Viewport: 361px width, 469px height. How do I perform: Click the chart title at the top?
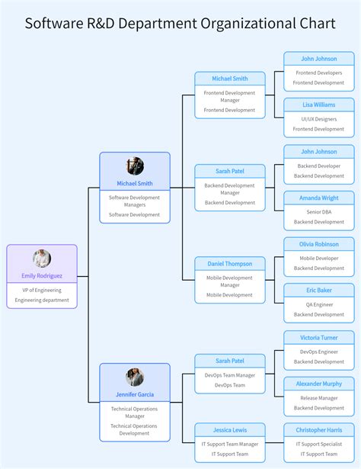click(x=180, y=23)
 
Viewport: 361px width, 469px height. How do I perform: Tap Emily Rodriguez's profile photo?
click(x=42, y=259)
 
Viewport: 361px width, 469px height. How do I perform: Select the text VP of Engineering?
click(x=42, y=290)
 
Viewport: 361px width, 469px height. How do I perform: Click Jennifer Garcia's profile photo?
click(x=135, y=377)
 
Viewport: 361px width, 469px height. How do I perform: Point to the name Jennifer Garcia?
click(x=135, y=394)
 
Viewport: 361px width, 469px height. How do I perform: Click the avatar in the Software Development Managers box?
click(x=135, y=166)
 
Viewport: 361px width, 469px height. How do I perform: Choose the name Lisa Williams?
click(x=318, y=104)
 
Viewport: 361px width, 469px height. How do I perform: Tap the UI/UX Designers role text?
click(x=318, y=119)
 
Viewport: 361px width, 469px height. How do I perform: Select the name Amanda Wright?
click(x=318, y=198)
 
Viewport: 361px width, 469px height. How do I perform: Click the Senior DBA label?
click(x=318, y=212)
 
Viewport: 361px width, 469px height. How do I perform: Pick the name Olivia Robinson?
click(x=318, y=244)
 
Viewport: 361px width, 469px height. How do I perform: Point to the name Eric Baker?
click(x=318, y=290)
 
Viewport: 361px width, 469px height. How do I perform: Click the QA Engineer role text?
click(x=318, y=304)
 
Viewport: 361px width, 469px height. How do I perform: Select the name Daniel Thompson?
click(x=230, y=264)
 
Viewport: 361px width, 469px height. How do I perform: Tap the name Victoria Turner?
click(x=318, y=337)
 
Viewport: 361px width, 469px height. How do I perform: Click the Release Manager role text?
click(x=318, y=398)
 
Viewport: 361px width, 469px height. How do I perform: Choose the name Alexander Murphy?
click(x=318, y=384)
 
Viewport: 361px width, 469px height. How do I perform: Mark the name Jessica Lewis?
click(x=230, y=430)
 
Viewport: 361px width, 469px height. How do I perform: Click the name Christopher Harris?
click(x=318, y=430)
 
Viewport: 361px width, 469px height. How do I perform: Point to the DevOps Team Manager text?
click(x=230, y=375)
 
